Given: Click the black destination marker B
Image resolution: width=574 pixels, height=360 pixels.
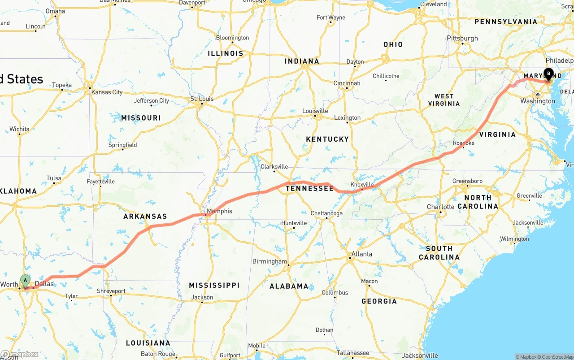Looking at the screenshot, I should (548, 74).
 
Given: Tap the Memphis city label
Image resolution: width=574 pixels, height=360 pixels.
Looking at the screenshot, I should (219, 211).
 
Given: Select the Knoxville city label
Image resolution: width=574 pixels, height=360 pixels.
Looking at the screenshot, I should (362, 185).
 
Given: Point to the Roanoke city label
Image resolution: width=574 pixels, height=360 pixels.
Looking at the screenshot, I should (464, 143).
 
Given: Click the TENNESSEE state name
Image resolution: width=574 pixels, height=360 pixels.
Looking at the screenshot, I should (310, 188).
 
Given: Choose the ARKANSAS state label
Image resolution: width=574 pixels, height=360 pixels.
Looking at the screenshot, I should (145, 216).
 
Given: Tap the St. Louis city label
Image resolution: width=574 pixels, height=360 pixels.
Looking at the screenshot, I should (202, 99).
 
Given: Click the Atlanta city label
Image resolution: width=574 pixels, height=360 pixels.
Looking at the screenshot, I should (361, 254).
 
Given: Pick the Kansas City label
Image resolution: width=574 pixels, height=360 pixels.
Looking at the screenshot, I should (107, 92).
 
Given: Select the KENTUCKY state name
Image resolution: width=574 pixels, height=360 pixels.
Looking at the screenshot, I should (327, 139).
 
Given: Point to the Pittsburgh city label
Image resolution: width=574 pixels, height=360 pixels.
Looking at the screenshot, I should (462, 38).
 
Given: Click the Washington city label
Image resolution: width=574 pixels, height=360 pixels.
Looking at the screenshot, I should (538, 101).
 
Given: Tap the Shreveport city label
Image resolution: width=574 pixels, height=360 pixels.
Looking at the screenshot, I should (111, 291).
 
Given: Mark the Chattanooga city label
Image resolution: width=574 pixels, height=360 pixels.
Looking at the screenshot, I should (326, 213).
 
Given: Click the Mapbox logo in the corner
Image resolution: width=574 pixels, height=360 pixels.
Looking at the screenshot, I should (20, 354).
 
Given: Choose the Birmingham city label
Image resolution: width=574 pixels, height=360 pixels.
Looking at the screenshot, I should (270, 261).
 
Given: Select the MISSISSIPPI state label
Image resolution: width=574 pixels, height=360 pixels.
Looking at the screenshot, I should (214, 285).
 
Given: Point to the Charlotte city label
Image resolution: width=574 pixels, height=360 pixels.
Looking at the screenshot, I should (440, 207).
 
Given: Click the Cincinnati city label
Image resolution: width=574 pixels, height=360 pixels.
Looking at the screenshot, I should (347, 83).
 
